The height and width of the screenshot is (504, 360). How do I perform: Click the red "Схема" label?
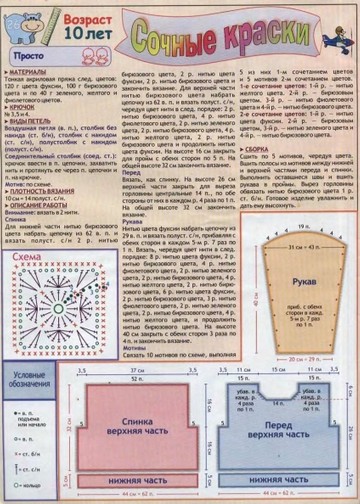click(x=29, y=257)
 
